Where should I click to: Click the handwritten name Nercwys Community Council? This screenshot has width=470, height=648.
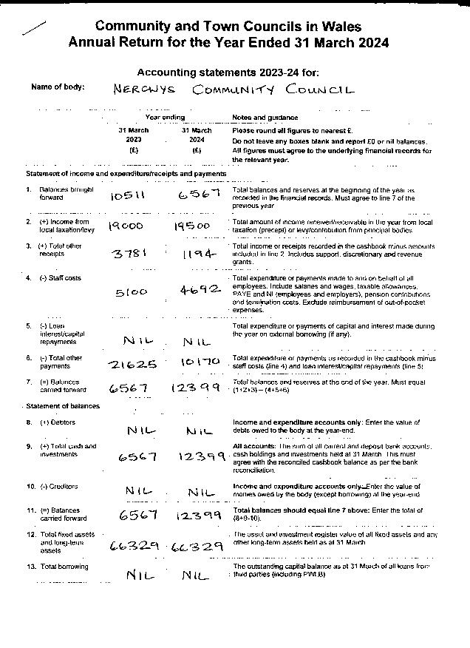[x=234, y=90]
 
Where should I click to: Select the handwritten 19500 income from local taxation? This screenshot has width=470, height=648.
[x=192, y=226]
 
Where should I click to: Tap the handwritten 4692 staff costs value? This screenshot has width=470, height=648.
[x=200, y=290]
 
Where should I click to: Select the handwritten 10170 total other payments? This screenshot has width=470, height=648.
[x=199, y=363]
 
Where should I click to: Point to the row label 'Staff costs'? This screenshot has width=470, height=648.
[x=60, y=278]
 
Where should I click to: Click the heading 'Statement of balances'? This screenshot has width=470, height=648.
[x=63, y=406]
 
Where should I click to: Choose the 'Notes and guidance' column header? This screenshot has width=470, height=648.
[x=265, y=118]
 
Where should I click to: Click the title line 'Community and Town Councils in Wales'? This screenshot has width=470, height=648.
[x=228, y=27]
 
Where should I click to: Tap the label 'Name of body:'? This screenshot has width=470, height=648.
[x=58, y=87]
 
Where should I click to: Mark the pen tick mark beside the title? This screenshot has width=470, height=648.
[x=34, y=27]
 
